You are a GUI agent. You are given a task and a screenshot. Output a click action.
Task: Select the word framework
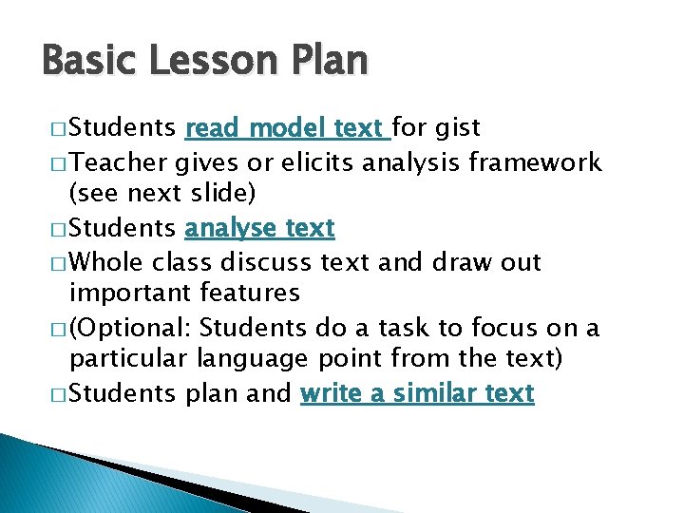pyautogui.click(x=536, y=162)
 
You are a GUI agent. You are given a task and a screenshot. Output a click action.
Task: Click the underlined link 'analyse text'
pyautogui.click(x=259, y=229)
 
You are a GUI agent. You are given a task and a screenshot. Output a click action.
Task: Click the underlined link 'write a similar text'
pyautogui.click(x=417, y=394)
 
